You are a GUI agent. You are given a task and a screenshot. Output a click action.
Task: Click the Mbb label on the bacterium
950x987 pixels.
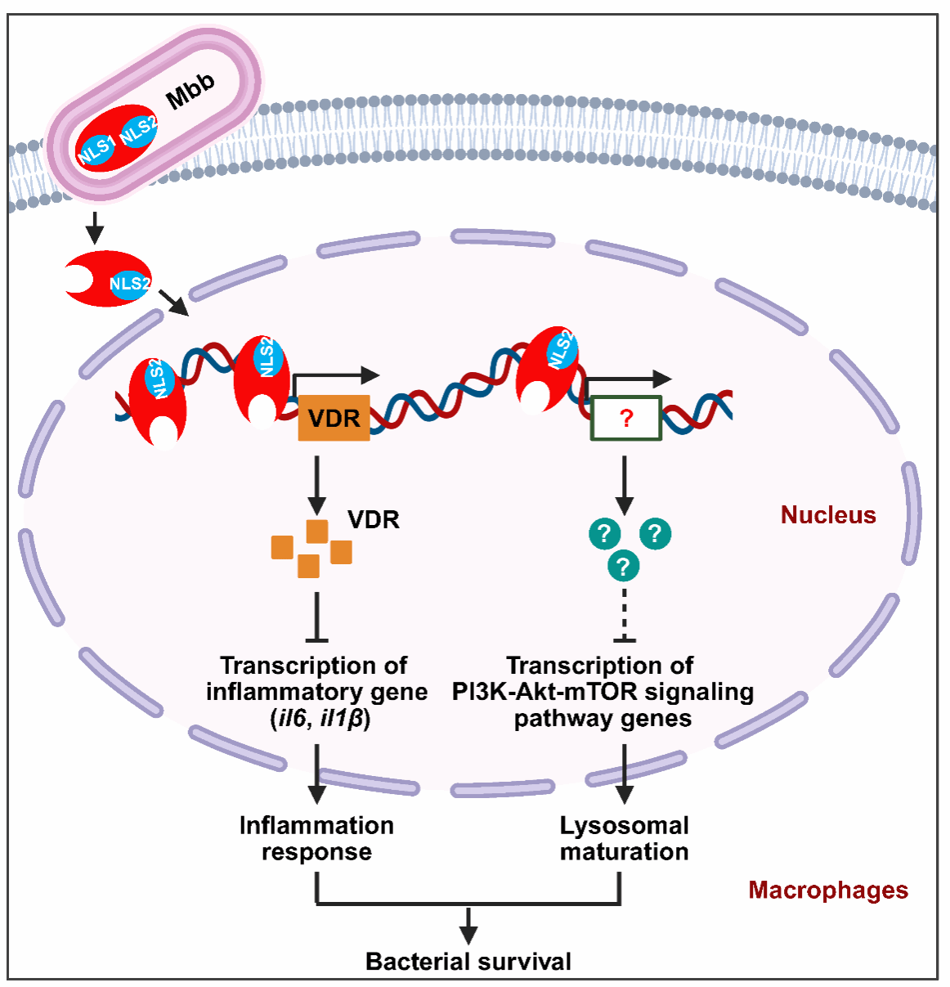(x=190, y=90)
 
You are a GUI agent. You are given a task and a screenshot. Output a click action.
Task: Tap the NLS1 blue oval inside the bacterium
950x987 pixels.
(x=96, y=150)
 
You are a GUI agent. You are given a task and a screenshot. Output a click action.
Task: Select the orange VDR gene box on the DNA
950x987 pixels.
(x=334, y=418)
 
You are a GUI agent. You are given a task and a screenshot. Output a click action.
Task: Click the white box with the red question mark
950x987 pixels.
(x=626, y=418)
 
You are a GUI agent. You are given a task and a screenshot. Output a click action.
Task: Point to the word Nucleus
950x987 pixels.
(x=827, y=515)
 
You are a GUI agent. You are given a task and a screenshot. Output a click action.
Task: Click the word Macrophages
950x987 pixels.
(x=827, y=890)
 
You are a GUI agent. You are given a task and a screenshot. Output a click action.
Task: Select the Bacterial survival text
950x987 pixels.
(x=468, y=962)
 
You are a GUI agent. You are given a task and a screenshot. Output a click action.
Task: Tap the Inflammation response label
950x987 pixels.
(x=316, y=838)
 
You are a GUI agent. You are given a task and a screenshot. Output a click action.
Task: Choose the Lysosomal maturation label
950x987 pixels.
(x=625, y=838)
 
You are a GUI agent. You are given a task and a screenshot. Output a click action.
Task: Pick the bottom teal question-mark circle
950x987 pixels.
(x=624, y=565)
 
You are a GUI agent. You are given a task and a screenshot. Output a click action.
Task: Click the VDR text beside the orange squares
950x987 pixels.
(x=373, y=520)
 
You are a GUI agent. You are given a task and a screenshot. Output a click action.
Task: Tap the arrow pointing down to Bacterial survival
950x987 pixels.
(x=468, y=924)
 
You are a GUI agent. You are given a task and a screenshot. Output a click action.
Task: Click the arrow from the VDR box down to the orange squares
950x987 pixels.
(x=316, y=486)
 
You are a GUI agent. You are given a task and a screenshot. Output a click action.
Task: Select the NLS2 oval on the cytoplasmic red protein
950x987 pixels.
(x=129, y=284)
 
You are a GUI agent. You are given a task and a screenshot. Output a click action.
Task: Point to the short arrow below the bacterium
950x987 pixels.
(x=95, y=228)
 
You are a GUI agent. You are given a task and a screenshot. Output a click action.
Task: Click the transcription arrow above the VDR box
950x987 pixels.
(x=335, y=376)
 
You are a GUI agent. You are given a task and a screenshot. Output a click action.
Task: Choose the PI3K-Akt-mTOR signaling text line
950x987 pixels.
(x=603, y=692)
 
